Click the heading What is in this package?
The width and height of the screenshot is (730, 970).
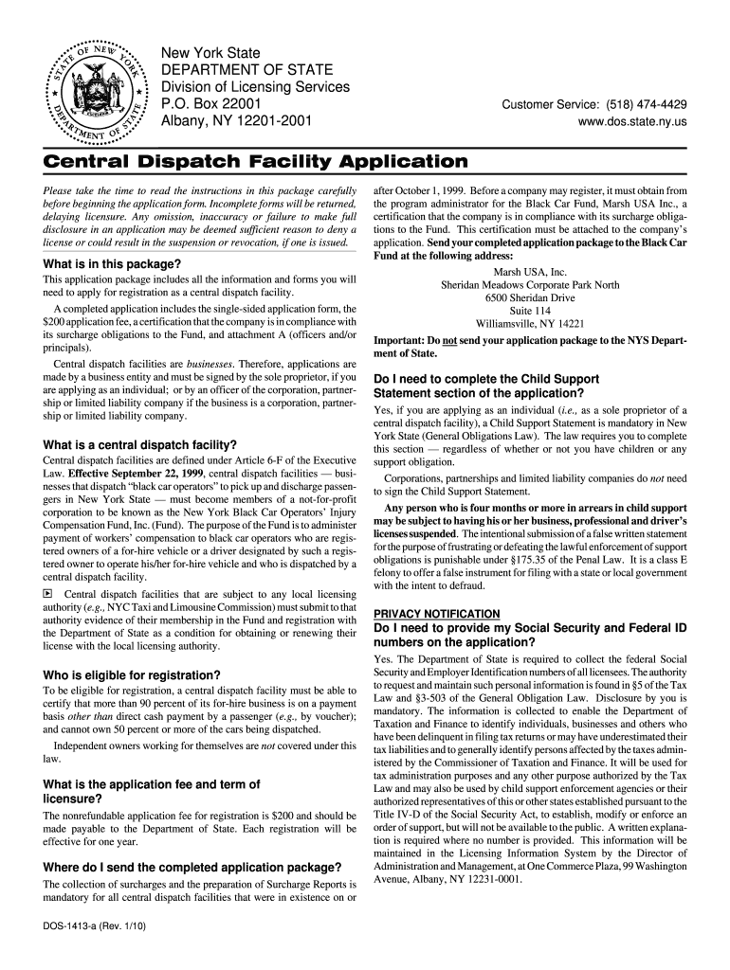[x=112, y=263]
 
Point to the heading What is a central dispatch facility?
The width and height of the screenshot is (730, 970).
[x=140, y=444]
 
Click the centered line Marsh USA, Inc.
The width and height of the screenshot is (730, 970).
[x=530, y=271]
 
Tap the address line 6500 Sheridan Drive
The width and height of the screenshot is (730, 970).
[x=530, y=297]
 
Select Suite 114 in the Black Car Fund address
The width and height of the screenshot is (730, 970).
[x=530, y=311]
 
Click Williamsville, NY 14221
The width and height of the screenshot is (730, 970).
[x=530, y=324]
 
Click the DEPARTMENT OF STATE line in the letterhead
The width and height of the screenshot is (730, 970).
[x=246, y=69]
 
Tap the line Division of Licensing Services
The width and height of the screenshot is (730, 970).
[x=255, y=86]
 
